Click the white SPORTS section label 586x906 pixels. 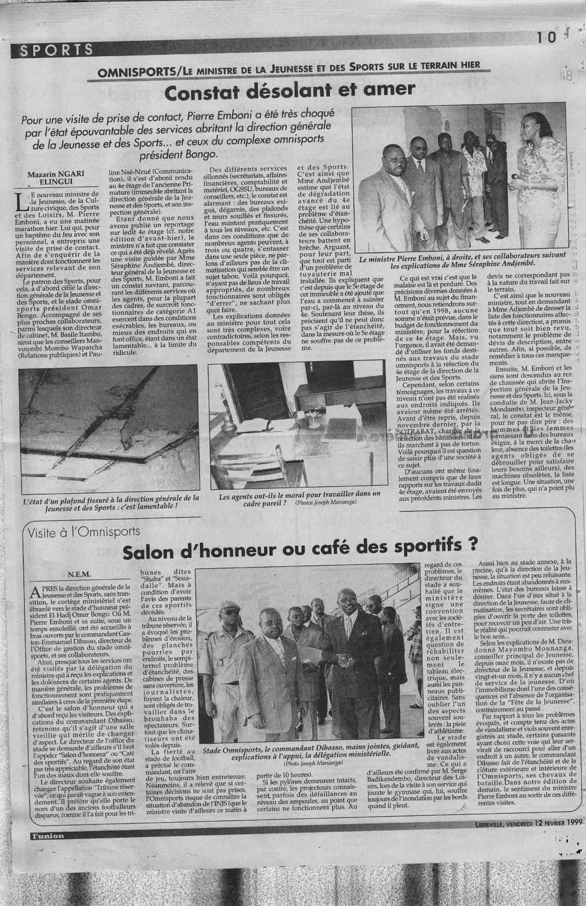(57, 50)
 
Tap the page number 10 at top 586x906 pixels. (547, 37)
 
